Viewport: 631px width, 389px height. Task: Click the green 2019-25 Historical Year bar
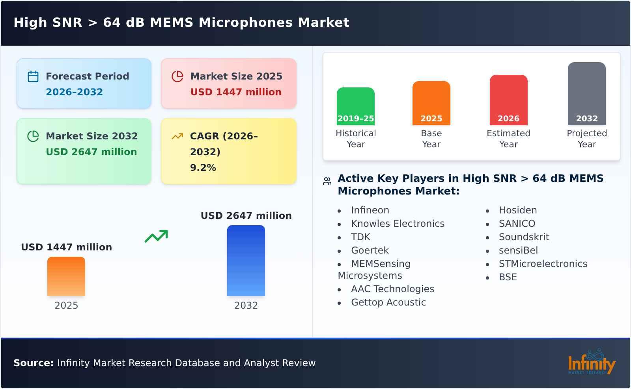[355, 106]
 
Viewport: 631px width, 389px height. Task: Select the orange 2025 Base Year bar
[431, 103]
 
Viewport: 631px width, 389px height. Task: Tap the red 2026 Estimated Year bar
[508, 100]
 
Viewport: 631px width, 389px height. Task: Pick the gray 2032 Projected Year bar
[586, 93]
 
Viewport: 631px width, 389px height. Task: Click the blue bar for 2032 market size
[246, 260]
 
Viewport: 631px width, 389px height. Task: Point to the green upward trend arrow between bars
[156, 236]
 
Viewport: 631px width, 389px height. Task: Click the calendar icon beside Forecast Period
[33, 76]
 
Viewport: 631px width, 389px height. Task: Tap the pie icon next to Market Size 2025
[177, 76]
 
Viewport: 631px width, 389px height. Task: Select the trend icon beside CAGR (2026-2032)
[177, 136]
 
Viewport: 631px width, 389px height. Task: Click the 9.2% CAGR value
[203, 168]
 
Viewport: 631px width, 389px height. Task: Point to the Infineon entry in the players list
[370, 210]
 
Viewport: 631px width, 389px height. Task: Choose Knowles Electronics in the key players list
[398, 224]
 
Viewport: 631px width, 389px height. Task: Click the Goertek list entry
[370, 250]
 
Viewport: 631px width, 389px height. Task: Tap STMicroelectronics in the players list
[543, 264]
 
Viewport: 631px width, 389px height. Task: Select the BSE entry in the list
[508, 277]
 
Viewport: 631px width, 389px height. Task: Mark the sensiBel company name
[518, 250]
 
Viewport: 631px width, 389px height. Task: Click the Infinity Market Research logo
[591, 362]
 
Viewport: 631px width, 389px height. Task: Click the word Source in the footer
[33, 363]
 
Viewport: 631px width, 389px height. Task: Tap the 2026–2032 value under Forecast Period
[74, 92]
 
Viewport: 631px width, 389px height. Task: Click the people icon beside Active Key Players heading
[327, 181]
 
